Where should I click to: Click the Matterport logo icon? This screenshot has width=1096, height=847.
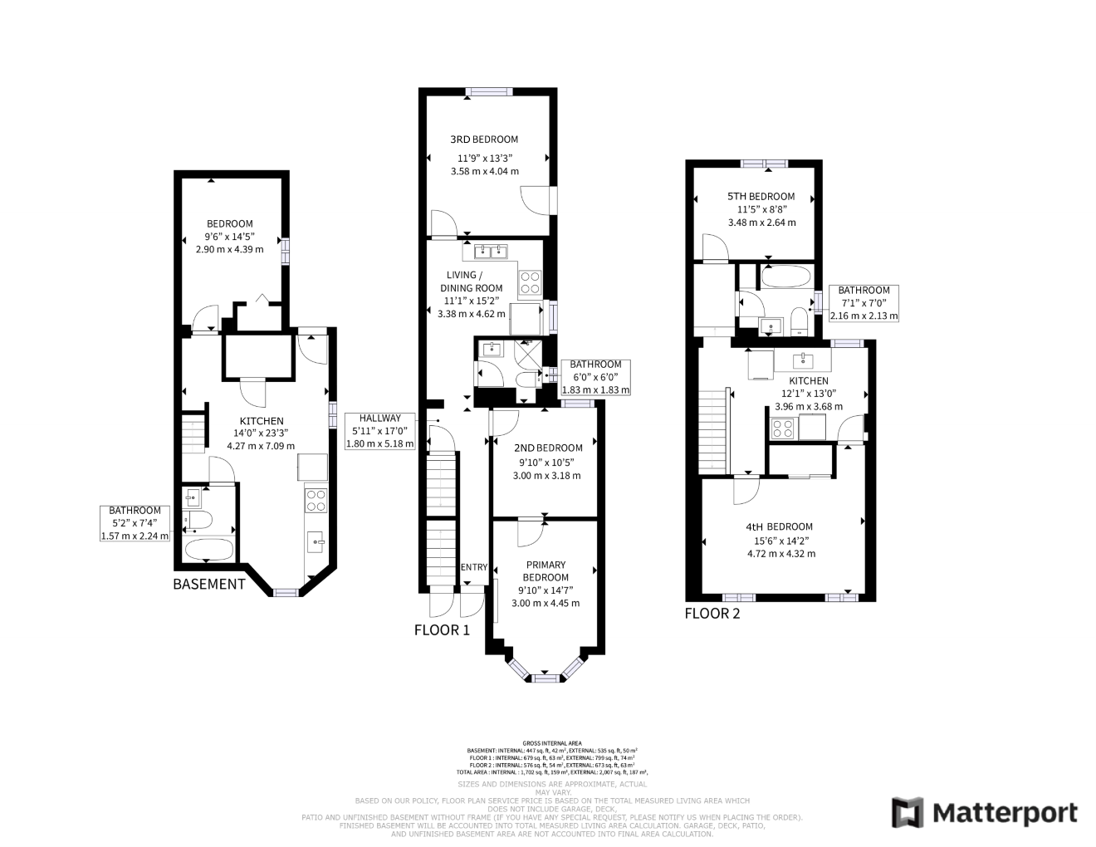point(908,812)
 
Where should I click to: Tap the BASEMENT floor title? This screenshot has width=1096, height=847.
point(209,584)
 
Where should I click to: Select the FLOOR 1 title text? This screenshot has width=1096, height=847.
point(442,630)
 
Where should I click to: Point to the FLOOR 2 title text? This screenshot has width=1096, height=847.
point(712,614)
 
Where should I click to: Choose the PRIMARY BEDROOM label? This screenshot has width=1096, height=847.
point(545,571)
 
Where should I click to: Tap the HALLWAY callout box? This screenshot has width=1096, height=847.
point(379,431)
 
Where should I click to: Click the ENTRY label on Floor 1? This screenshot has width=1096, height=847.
point(473,567)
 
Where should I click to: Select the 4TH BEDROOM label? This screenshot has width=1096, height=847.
point(779,526)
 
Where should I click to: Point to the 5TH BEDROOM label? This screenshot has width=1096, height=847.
point(761,197)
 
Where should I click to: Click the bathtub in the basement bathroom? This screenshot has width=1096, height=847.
point(209,549)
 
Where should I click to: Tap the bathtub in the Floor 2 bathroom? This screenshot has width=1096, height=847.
point(785,277)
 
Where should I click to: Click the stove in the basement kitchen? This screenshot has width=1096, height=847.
point(316,499)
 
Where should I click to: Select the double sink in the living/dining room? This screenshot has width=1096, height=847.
point(491,251)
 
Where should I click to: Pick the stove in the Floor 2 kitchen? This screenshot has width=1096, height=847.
point(782,428)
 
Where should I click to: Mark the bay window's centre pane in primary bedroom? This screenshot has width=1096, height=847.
point(545,678)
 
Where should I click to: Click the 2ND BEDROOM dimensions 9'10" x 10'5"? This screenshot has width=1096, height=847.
point(545,462)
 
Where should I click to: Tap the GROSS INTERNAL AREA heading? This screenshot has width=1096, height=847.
point(552,742)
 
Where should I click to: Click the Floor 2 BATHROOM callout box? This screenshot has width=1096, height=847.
point(864,303)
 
